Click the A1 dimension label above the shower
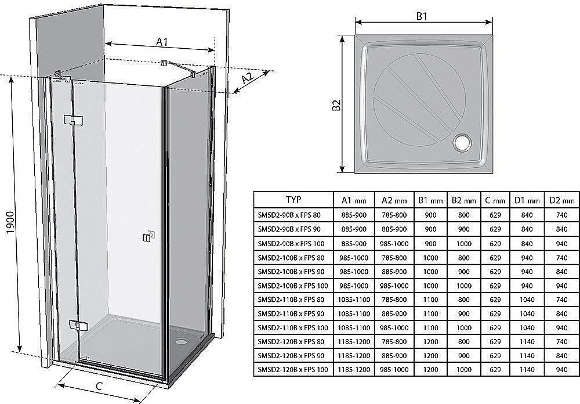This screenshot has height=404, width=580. (162, 41)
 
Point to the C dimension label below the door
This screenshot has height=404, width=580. (99, 386)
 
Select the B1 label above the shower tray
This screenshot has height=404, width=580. (422, 16)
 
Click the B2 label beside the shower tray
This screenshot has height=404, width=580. (336, 104)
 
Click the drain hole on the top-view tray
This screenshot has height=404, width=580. (463, 142)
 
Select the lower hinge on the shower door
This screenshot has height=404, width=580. (75, 325)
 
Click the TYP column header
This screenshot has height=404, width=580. (293, 200)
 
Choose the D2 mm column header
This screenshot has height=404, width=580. (562, 200)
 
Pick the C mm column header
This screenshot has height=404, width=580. (495, 200)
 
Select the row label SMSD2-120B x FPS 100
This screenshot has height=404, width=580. (293, 368)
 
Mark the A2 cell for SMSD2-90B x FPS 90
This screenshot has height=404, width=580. (394, 228)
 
